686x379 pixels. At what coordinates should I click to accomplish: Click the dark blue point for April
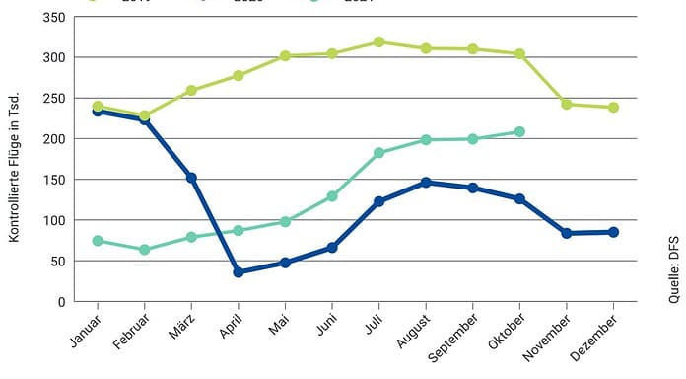pyautogui.click(x=239, y=272)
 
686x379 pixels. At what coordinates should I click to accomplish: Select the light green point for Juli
pyautogui.click(x=378, y=42)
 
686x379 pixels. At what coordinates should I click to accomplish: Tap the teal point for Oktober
pyautogui.click(x=519, y=131)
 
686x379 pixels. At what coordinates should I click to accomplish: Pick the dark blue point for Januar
pyautogui.click(x=98, y=112)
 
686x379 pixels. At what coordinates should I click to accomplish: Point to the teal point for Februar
pyautogui.click(x=145, y=250)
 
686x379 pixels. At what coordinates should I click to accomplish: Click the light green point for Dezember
pyautogui.click(x=613, y=108)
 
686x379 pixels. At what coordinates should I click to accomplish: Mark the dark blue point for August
pyautogui.click(x=426, y=183)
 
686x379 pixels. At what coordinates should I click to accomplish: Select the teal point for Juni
pyautogui.click(x=332, y=196)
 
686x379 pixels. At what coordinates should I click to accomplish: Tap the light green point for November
pyautogui.click(x=566, y=104)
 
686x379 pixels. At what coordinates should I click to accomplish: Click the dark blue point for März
pyautogui.click(x=192, y=178)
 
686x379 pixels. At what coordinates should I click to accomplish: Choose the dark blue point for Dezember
pyautogui.click(x=613, y=232)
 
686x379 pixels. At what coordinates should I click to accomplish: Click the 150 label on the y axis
pyautogui.click(x=56, y=180)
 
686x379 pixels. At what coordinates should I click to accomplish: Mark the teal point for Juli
pyautogui.click(x=378, y=153)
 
